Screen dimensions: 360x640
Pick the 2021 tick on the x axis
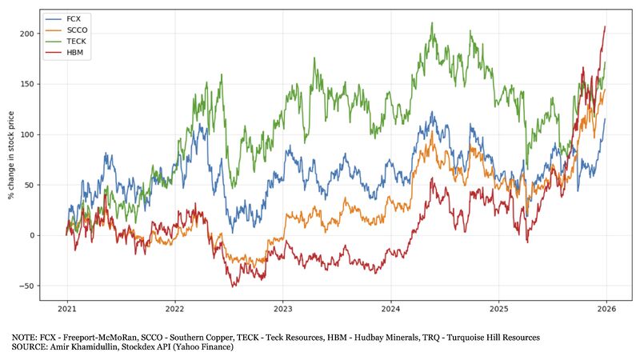[x=66, y=310]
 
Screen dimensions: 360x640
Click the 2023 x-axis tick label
[x=282, y=310]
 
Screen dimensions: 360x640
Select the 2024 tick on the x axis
[x=390, y=310]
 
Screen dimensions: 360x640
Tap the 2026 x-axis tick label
[x=606, y=310]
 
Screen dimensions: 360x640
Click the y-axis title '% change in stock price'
[x=12, y=156]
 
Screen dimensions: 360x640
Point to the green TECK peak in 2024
[x=432, y=23]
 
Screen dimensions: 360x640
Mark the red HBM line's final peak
[x=605, y=26]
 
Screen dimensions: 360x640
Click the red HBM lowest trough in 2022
[x=234, y=286]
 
